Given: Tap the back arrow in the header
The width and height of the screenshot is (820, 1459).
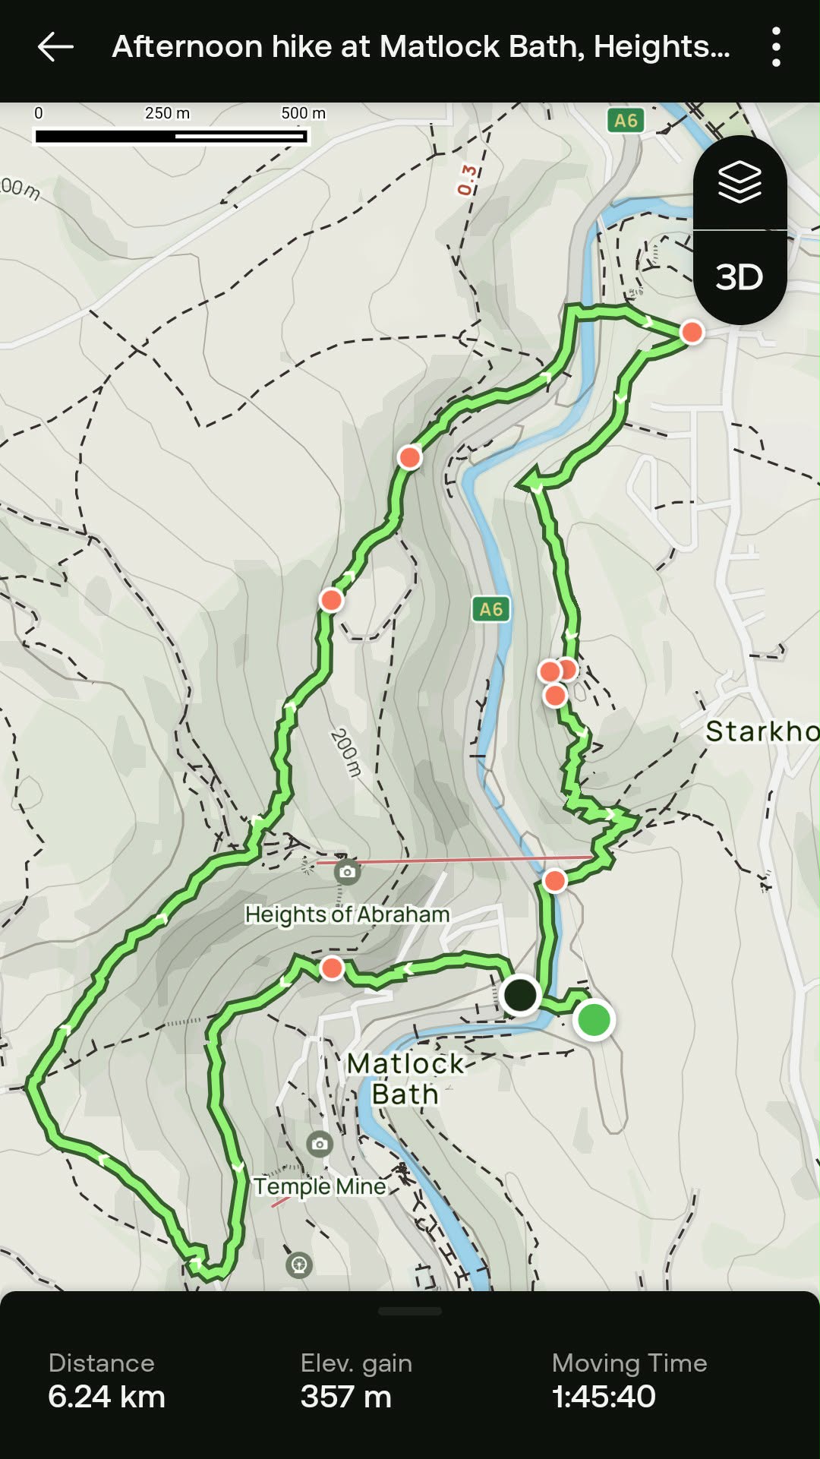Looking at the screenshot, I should [x=55, y=47].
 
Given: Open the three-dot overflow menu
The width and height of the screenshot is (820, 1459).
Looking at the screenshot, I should [x=776, y=47].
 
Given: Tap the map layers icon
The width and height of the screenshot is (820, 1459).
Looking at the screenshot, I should [x=740, y=182].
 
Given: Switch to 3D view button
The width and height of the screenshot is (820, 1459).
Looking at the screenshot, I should [x=740, y=277].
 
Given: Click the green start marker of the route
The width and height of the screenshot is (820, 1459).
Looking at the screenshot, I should [x=594, y=1019].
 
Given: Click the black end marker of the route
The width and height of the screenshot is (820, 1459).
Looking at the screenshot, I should [x=520, y=995].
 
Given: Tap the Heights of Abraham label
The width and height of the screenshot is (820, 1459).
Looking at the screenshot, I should [x=347, y=914].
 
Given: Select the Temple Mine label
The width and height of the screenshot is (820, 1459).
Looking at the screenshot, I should [x=320, y=1186].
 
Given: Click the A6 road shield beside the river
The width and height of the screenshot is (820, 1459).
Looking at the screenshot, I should [x=490, y=609].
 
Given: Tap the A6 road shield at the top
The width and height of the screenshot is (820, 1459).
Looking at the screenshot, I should [x=626, y=120].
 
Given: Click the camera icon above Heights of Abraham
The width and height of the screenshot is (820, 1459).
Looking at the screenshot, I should [x=347, y=872].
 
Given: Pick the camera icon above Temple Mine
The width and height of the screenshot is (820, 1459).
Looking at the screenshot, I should [x=320, y=1144].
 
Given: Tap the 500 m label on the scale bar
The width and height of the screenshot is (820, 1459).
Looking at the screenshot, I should [x=303, y=113].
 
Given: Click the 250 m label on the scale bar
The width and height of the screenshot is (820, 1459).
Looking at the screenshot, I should [x=167, y=113].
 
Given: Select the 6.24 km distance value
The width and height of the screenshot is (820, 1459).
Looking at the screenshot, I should [x=106, y=1396].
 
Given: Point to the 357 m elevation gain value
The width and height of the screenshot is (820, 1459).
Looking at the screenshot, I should [x=346, y=1396].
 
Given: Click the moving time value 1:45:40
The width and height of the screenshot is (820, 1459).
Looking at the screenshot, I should [x=604, y=1396].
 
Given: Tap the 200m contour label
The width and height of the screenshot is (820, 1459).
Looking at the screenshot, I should [x=345, y=752].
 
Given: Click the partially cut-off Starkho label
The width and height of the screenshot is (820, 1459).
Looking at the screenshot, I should [x=762, y=731].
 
